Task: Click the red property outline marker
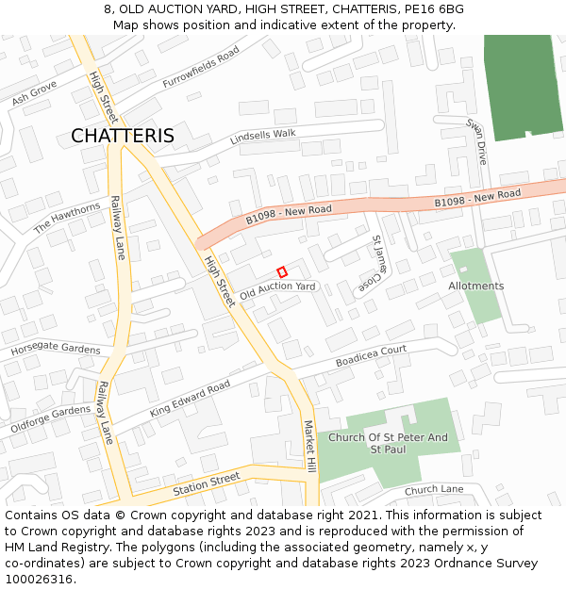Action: coord(281,271)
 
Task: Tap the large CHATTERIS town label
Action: coord(123,136)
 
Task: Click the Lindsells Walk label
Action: coord(263,137)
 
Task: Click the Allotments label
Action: coord(476,286)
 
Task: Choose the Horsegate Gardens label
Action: coord(55,350)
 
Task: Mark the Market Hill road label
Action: coord(309,448)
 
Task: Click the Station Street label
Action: coord(207,485)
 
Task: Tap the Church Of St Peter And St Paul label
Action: coord(388,443)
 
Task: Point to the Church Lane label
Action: coord(434,490)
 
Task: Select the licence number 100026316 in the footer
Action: coord(39,579)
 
